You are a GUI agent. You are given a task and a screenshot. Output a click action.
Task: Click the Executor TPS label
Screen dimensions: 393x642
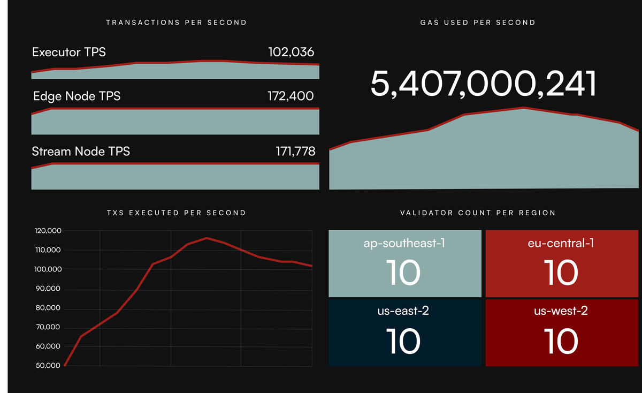(x=69, y=52)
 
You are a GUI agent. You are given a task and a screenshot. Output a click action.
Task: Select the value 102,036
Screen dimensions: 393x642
(x=291, y=52)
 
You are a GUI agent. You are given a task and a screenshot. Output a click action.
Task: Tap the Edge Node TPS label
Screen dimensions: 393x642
(x=77, y=96)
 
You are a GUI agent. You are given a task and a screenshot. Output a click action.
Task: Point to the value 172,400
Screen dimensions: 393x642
(x=291, y=96)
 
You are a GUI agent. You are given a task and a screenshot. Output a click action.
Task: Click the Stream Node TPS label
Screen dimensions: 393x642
(x=81, y=152)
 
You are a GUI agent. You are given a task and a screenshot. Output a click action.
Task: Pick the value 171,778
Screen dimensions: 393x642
(x=291, y=152)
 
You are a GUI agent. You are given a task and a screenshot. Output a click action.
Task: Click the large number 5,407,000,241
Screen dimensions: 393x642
(x=483, y=84)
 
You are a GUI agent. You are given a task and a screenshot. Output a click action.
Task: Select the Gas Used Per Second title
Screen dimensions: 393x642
(x=478, y=22)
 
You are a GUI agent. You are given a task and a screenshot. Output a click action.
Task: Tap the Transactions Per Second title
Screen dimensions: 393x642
(x=177, y=22)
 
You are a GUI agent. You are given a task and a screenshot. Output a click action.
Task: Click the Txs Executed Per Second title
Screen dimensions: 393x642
(x=177, y=213)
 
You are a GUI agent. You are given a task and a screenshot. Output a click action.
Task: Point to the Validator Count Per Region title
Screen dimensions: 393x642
(x=478, y=213)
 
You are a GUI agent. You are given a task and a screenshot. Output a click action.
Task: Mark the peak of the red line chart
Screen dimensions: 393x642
(x=207, y=238)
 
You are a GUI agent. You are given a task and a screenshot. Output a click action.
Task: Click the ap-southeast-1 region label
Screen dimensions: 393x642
(x=404, y=244)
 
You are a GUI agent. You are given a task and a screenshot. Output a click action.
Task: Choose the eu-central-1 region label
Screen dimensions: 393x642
(x=561, y=244)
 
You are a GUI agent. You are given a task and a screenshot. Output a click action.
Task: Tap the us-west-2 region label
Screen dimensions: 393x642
(x=561, y=311)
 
